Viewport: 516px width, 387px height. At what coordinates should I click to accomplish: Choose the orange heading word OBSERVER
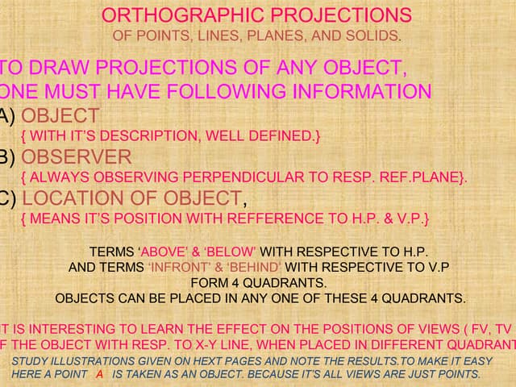[77, 156]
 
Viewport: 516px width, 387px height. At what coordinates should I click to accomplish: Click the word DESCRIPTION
[185, 136]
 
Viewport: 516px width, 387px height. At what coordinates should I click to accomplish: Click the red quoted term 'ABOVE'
[162, 252]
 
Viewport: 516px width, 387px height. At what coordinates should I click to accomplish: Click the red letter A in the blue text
[99, 374]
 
